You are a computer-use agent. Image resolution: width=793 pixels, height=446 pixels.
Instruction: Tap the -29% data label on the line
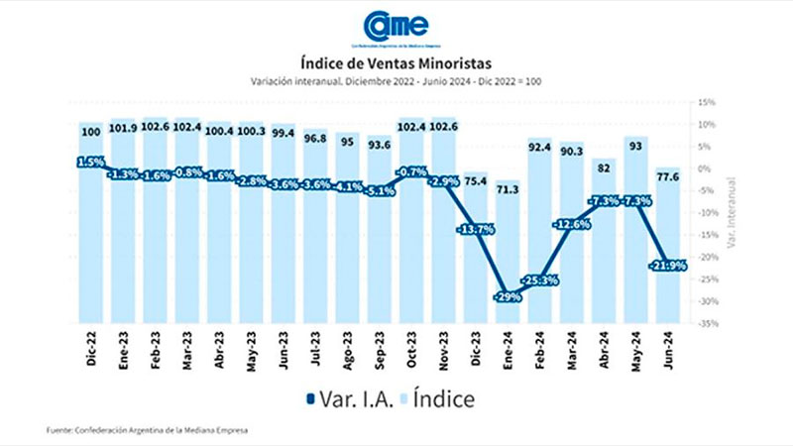[x=509, y=296]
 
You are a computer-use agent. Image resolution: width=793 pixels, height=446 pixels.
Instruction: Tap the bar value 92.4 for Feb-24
[x=540, y=148]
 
